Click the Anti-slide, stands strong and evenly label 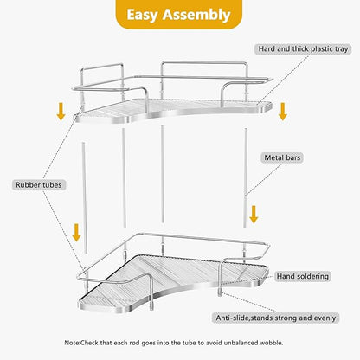tap(289, 318)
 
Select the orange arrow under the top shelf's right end tap(282, 111)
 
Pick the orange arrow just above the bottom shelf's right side tap(254, 214)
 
